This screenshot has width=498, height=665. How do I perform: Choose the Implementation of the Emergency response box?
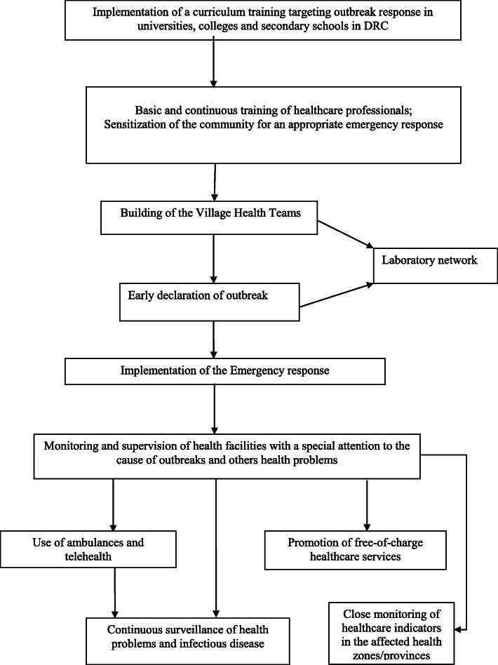(225, 371)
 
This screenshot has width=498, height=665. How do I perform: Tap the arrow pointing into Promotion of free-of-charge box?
(367, 502)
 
